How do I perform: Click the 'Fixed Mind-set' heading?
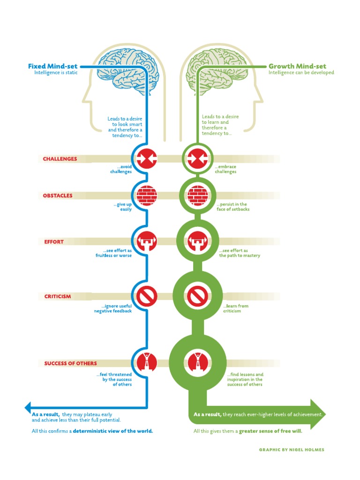tap(53, 66)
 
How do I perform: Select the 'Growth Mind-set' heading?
tap(297, 66)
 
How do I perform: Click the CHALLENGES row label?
tap(60, 159)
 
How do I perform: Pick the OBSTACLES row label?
tap(58, 195)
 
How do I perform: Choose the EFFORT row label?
tap(53, 242)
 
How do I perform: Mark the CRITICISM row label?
tap(58, 296)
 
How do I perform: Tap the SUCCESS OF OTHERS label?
tap(71, 363)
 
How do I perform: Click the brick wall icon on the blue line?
tap(147, 195)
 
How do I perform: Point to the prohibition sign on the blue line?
tap(147, 296)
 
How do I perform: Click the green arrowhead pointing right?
tap(317, 414)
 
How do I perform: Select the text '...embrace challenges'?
tap(226, 169)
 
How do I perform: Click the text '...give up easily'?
tap(122, 207)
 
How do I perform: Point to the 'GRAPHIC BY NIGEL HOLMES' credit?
tap(292, 450)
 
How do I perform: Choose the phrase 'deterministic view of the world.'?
tap(113, 431)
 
